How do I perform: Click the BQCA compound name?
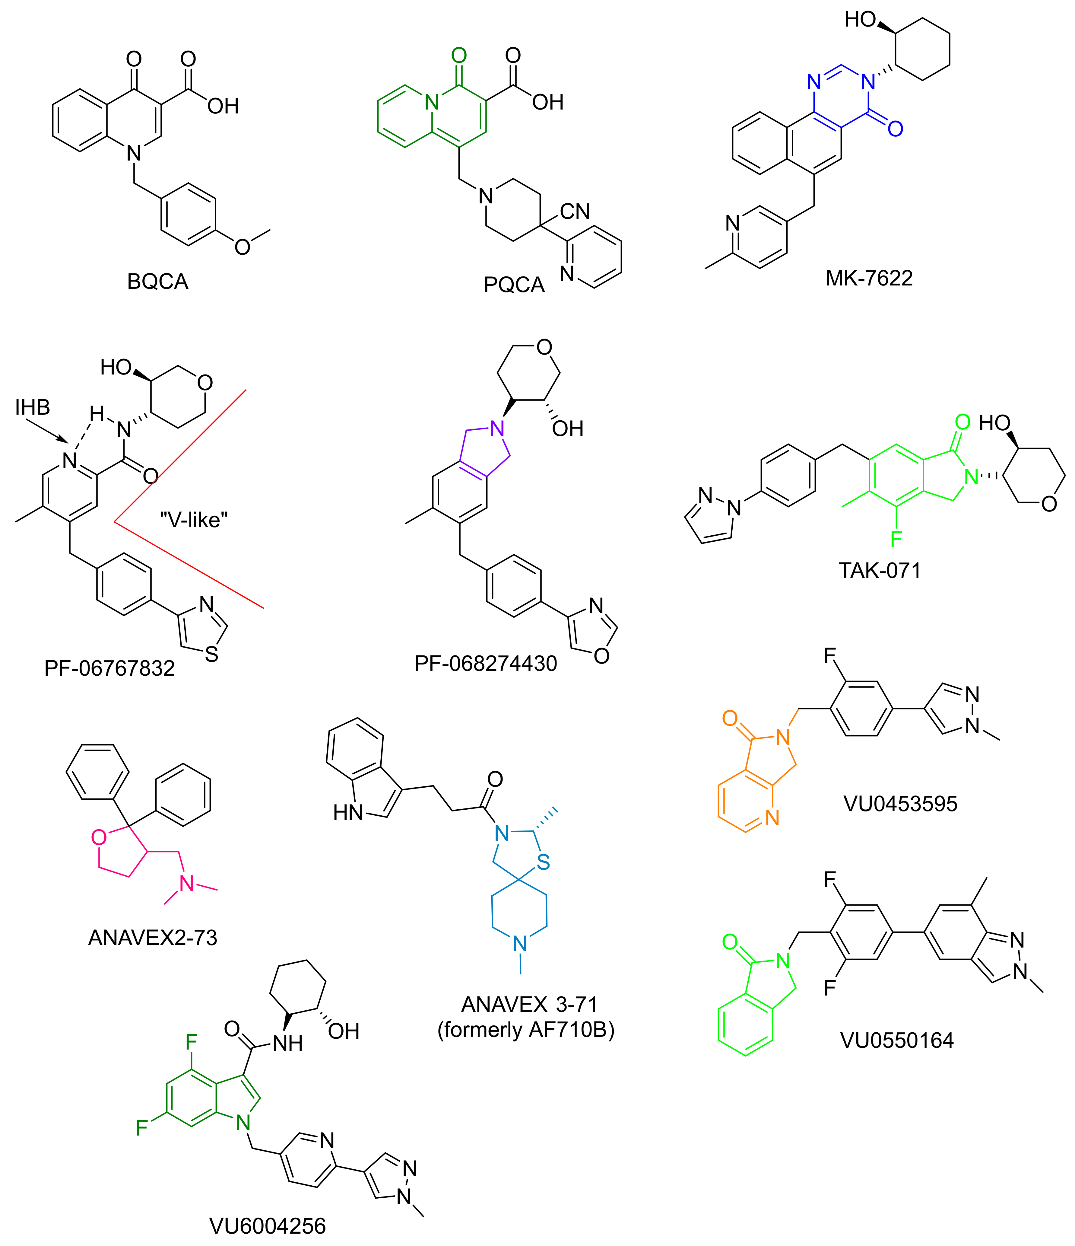pos(157,282)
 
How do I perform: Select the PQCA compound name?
pos(514,285)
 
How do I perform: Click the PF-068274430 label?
pos(486,663)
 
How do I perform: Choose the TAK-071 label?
pos(880,570)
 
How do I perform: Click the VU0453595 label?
pos(900,803)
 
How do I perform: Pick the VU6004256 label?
pos(268,1225)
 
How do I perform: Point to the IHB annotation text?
pos(33,408)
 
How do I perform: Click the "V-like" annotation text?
pos(194,520)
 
